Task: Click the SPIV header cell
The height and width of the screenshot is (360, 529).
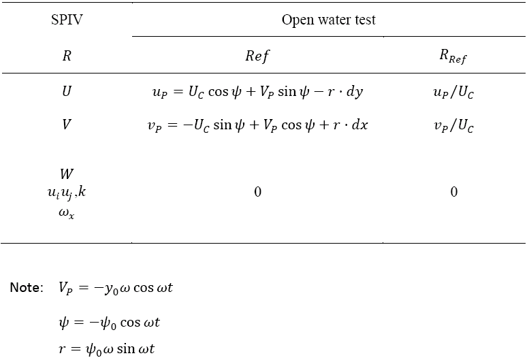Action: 67,20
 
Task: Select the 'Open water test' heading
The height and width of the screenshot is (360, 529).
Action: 329,20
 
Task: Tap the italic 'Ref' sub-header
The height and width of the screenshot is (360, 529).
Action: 257,56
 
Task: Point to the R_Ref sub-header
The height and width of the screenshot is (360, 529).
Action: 453,56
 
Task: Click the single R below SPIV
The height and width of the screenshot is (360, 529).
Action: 67,56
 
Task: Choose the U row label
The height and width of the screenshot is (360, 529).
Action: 67,91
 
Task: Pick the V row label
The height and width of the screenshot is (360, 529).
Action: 67,125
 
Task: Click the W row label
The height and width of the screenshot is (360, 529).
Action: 67,174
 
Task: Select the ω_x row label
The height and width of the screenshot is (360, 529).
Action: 66,213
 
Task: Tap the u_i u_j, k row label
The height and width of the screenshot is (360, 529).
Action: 67,193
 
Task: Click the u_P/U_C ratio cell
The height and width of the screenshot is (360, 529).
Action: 453,92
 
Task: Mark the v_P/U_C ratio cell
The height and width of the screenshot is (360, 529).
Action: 453,126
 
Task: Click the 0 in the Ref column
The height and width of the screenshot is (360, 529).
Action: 257,192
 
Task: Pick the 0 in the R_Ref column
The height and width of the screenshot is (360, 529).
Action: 453,192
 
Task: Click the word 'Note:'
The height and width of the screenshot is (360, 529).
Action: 27,288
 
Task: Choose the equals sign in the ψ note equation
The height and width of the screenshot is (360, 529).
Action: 79,323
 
